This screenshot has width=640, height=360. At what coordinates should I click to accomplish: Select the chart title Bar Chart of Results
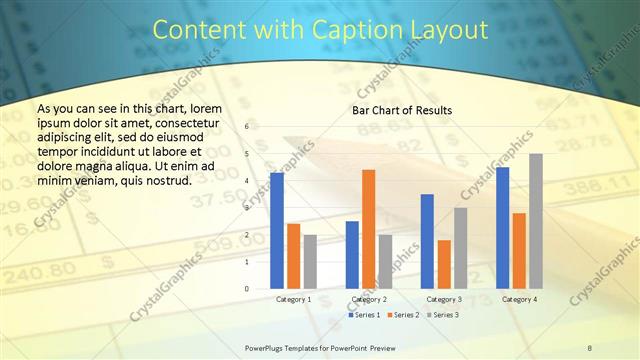click(402, 110)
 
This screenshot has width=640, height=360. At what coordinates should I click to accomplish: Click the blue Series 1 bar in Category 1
click(277, 230)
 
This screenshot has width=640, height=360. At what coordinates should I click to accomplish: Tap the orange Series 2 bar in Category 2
click(369, 229)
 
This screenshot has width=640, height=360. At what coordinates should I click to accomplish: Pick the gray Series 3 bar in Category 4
click(536, 221)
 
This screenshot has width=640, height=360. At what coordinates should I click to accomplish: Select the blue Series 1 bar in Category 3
click(427, 241)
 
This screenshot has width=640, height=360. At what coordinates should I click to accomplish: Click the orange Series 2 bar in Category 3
click(444, 264)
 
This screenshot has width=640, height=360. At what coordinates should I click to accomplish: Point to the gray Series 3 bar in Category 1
click(310, 261)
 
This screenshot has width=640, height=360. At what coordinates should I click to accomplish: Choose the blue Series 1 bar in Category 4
click(503, 227)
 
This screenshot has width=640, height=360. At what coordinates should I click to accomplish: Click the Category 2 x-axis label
click(369, 299)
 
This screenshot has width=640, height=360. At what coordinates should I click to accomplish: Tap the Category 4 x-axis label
click(519, 299)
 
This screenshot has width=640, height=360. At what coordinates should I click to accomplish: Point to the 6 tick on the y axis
click(247, 127)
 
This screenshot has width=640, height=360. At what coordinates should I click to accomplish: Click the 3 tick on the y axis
click(247, 208)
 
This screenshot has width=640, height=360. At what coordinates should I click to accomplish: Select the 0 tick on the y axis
click(247, 289)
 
